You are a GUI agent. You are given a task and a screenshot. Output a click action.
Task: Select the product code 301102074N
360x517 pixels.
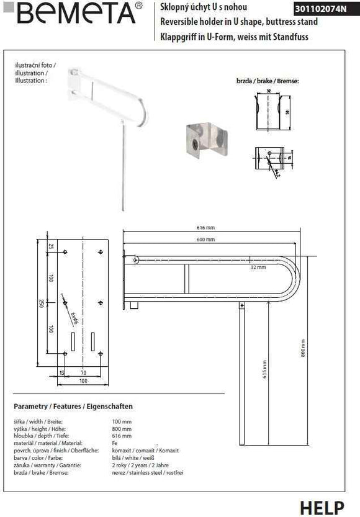pyautogui.click(x=325, y=9)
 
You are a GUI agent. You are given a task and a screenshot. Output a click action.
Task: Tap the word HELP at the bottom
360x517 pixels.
pyautogui.click(x=322, y=507)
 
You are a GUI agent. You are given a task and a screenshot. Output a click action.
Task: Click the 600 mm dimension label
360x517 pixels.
pyautogui.click(x=207, y=240)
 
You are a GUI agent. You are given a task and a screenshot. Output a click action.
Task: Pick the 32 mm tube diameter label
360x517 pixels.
pyautogui.click(x=258, y=267)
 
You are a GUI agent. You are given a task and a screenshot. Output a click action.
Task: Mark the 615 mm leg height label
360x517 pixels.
pyautogui.click(x=264, y=370)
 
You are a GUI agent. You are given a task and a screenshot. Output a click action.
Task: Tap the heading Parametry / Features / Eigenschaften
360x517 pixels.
pyautogui.click(x=73, y=407)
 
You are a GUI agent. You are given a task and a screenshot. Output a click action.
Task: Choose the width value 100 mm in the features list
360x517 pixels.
pyautogui.click(x=122, y=421)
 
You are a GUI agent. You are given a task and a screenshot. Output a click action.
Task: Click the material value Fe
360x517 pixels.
pyautogui.click(x=115, y=443)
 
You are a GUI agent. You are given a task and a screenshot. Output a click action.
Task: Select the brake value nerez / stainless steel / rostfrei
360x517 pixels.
pyautogui.click(x=148, y=472)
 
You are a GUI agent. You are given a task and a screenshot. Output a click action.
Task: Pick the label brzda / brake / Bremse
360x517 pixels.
pyautogui.click(x=268, y=81)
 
